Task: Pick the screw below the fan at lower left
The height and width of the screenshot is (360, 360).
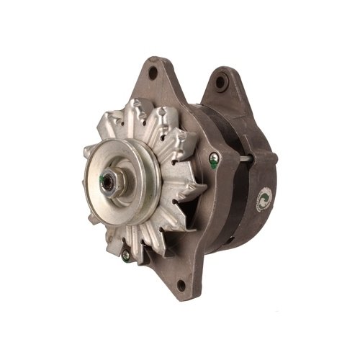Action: point(126,254)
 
